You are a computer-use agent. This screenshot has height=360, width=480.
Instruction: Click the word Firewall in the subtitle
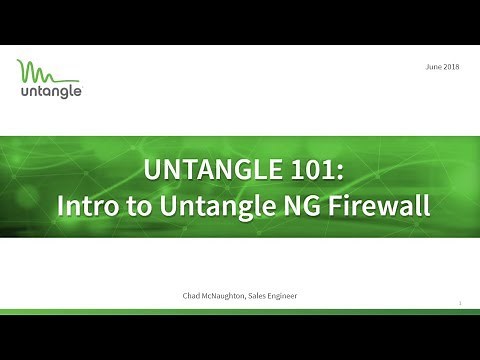click(381, 207)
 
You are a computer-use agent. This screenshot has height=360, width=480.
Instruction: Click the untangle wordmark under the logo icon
click(50, 93)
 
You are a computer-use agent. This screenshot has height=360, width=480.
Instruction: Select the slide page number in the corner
click(458, 302)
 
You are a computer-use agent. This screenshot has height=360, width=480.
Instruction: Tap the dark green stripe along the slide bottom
click(240, 313)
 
